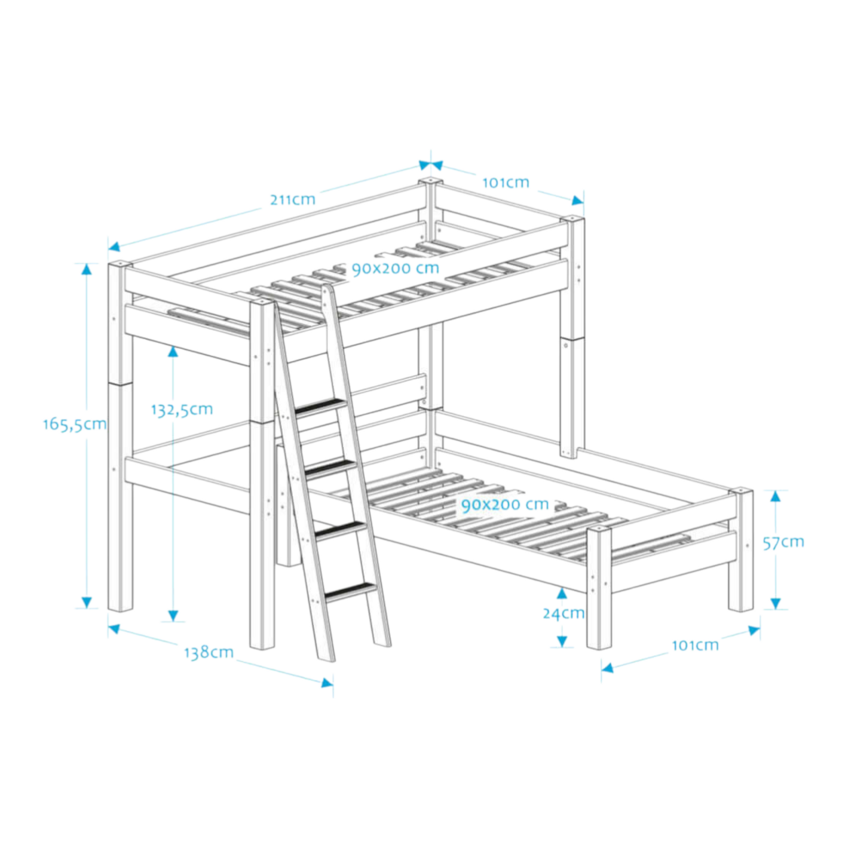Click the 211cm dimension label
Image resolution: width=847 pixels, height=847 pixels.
coord(292,200)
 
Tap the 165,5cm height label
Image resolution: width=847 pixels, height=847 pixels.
coord(75,424)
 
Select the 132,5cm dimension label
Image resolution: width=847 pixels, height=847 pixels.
coord(182,410)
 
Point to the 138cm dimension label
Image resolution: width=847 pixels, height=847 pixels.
coord(208,652)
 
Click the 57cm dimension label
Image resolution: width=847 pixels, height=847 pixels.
coord(783,543)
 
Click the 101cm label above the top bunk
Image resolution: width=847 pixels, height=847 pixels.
coord(506,182)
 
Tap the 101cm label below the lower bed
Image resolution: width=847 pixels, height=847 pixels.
coord(695,645)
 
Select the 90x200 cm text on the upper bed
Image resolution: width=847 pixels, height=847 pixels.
coord(396,268)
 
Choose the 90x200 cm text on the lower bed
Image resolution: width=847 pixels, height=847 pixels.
coord(504,504)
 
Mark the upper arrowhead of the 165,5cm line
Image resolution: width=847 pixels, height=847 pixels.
coord(87,269)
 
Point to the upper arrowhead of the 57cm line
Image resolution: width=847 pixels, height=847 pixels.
coord(776,496)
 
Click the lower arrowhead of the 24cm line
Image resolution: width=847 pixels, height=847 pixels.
coord(561,642)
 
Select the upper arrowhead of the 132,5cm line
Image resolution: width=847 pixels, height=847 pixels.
coord(173,351)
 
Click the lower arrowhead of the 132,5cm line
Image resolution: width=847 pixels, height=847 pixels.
coord(173,616)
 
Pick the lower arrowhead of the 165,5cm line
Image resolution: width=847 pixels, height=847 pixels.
coord(87,602)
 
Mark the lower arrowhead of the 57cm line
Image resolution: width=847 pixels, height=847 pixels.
coord(776,604)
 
